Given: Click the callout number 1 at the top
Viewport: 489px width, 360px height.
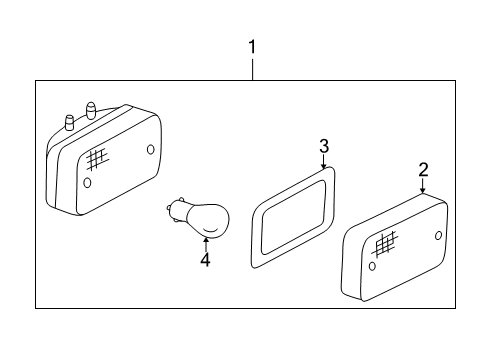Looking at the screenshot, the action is click(x=252, y=47).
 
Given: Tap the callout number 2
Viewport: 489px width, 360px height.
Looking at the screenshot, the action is click(x=423, y=170).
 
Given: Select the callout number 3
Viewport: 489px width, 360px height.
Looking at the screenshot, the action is click(x=324, y=146).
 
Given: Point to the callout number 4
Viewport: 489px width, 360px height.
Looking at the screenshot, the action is click(x=205, y=260).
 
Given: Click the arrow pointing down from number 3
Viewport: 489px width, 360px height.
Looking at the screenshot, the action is click(x=324, y=161).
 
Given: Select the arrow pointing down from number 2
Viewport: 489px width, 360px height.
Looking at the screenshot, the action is click(x=423, y=185).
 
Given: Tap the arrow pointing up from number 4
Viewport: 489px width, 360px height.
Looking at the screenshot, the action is click(x=206, y=244).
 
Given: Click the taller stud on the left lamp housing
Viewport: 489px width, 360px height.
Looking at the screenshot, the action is click(x=91, y=110).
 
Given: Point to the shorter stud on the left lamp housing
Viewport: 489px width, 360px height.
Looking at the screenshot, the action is click(x=70, y=123).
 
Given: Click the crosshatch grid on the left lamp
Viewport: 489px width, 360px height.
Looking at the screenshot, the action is click(x=97, y=159).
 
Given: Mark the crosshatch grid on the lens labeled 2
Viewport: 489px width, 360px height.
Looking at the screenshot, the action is click(x=385, y=244).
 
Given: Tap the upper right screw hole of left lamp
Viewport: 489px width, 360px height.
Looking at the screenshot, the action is click(x=151, y=149).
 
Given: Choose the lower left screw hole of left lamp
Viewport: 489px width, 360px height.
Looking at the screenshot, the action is click(x=87, y=182).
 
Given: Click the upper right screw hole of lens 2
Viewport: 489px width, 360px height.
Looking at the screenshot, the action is click(x=438, y=235).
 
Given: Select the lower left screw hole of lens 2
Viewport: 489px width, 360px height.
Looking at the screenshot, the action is click(x=372, y=266).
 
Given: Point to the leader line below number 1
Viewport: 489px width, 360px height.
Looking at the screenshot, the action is click(x=252, y=70).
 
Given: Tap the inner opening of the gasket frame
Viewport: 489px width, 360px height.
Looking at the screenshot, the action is click(x=294, y=217).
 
